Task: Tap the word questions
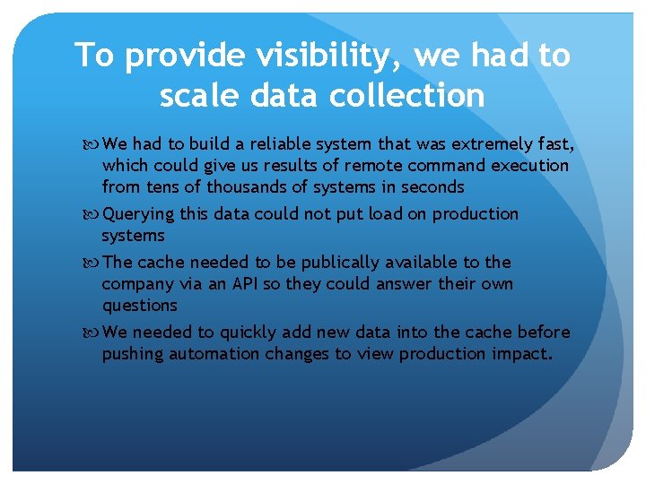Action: click(x=140, y=306)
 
